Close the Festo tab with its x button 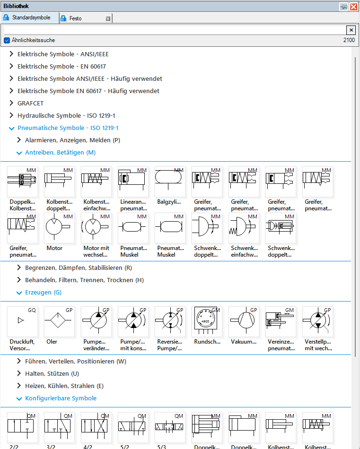coord(108,18)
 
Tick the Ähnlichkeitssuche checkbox coord(7,40)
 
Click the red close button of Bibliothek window coord(353,7)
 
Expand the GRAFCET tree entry coord(12,103)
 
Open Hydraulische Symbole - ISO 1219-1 coord(66,115)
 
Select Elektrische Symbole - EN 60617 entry coord(61,66)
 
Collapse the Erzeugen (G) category coord(19,293)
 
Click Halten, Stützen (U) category coord(52,373)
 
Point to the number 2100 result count coord(349,40)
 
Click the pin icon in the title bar coord(343,7)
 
